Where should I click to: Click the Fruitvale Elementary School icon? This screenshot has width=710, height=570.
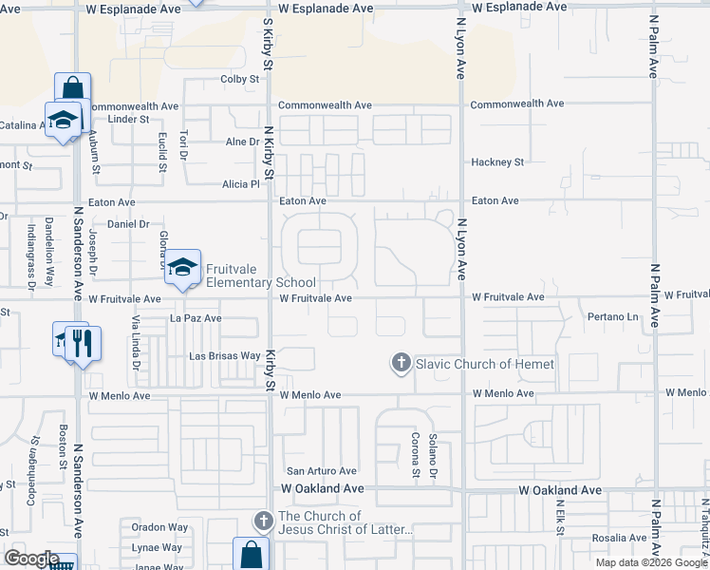coord(184,267)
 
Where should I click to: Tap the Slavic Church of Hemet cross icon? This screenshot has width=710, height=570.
coord(402,363)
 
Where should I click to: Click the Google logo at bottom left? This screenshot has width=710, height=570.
coord(32,559)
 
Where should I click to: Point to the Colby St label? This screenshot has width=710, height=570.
coord(240,80)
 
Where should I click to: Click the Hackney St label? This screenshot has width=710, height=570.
coord(497,162)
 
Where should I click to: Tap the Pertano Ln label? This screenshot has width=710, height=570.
coord(607,316)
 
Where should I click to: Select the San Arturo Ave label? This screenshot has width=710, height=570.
coord(322,470)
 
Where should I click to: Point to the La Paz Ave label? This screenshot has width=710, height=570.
coord(196,318)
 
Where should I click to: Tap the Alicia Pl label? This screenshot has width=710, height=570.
coord(241,183)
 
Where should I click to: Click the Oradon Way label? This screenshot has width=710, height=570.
coord(159,527)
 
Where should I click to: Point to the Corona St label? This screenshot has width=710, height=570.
coord(415,453)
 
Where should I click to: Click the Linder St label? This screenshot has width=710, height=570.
coord(129,119)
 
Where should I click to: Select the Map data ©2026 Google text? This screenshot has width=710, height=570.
coord(650,562)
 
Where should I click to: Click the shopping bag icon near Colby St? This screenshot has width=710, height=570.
coord(72,88)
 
